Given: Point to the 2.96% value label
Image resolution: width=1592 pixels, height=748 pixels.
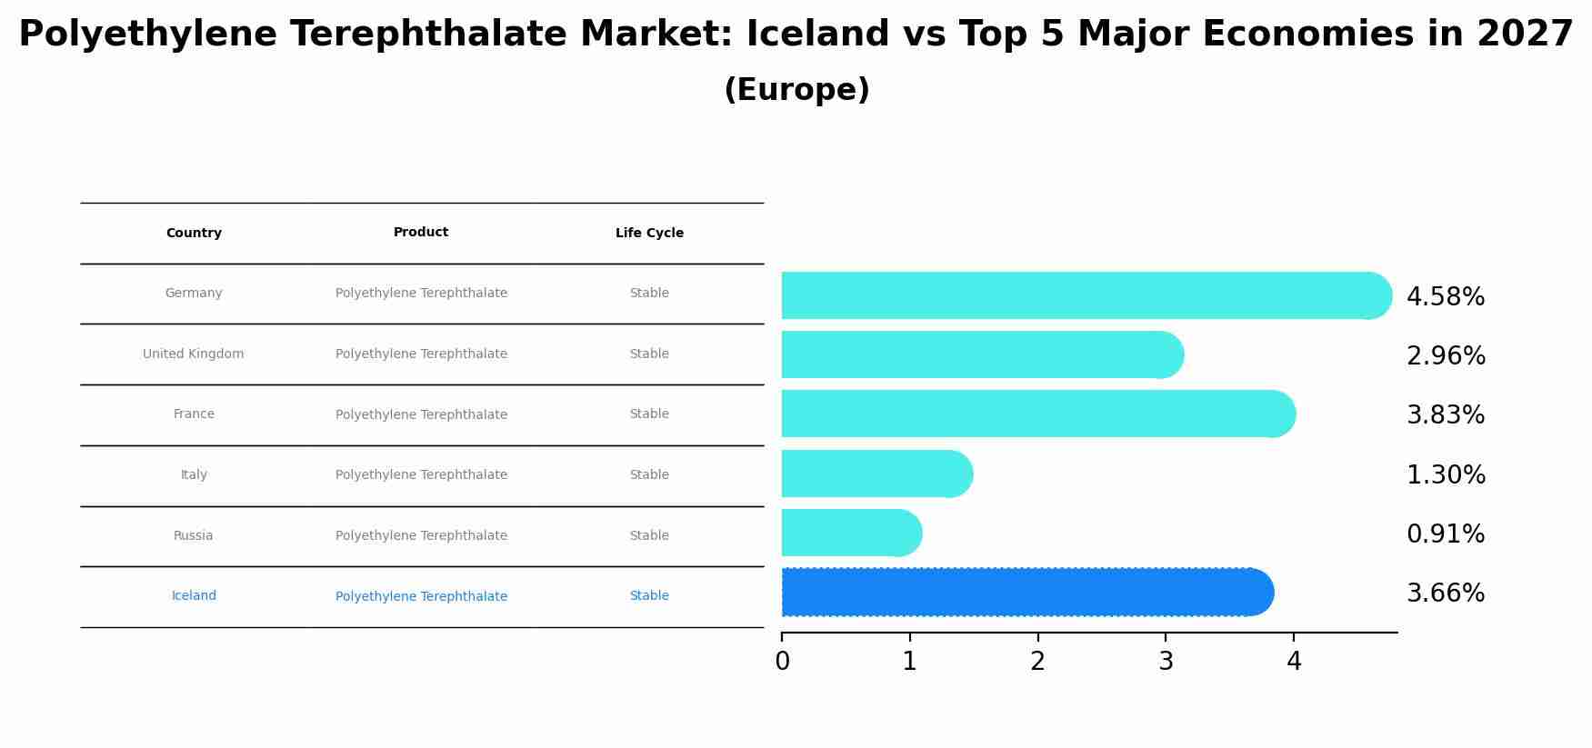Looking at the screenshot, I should point(1446,356).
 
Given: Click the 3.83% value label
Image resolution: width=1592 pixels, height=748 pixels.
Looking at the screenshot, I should point(1446,415).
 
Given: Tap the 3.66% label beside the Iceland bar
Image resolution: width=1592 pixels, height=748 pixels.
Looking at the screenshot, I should point(1446,593).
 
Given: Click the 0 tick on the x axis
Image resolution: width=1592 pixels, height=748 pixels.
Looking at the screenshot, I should point(782,662).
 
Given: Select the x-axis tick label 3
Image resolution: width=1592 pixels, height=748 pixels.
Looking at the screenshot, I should point(1166,662).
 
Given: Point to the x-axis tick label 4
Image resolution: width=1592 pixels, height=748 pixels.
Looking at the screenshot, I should point(1294,662).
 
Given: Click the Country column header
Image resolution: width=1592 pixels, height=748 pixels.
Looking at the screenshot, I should point(194,234).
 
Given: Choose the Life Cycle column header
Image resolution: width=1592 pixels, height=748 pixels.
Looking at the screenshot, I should point(649,234).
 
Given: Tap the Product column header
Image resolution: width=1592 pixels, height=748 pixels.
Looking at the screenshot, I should point(421,233).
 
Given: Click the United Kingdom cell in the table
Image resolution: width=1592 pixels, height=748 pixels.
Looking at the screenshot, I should point(194,354).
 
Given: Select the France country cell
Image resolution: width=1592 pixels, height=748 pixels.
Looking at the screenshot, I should point(194,414).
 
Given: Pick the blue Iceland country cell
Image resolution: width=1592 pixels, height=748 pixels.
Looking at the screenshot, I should point(194,596).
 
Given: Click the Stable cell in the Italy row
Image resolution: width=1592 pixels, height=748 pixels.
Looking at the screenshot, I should point(649,475).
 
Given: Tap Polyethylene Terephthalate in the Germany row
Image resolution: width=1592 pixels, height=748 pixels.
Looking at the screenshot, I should point(421,294).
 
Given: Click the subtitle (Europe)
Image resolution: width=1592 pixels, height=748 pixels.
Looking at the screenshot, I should point(796,90).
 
